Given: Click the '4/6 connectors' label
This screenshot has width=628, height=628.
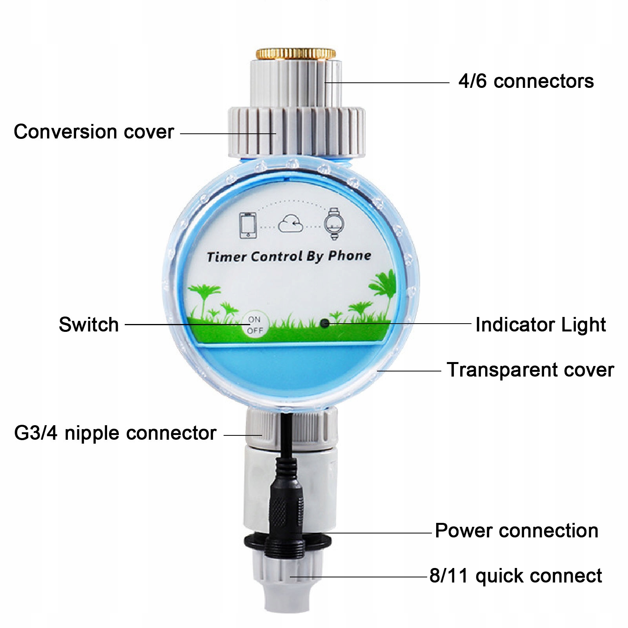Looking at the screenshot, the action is click(526, 82).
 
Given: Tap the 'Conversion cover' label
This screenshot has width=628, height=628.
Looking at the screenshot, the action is click(94, 132).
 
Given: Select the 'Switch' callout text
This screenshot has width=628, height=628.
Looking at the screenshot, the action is click(89, 325).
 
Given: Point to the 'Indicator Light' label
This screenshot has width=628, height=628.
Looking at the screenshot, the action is click(540, 325).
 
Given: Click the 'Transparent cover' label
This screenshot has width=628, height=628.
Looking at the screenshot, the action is click(530, 370).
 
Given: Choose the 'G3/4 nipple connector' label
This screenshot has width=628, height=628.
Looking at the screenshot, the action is click(115, 433).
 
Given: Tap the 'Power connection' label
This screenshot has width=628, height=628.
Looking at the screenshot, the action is click(516, 531).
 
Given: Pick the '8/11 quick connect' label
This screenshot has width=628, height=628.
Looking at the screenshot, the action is click(515, 576).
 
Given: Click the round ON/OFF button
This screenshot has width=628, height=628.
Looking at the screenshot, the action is click(255, 325).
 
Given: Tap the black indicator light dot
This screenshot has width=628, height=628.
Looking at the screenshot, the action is click(325, 323).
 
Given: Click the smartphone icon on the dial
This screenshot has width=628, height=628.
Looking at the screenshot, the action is click(248, 225).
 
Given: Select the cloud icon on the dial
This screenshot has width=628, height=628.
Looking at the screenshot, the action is click(290, 224).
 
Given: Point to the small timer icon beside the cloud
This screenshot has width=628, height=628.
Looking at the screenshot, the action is click(334, 223).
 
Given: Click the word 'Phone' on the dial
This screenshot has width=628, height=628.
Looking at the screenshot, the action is click(349, 256).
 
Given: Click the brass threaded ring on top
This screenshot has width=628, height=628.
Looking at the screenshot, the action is click(296, 53).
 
